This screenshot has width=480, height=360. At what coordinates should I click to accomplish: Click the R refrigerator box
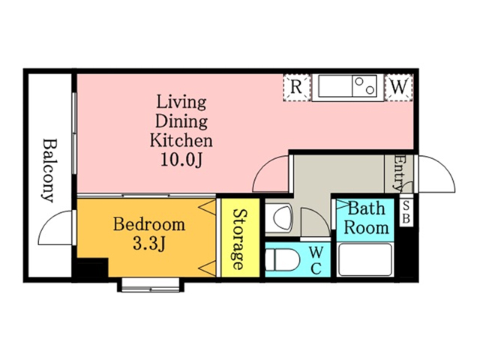tap(296, 88)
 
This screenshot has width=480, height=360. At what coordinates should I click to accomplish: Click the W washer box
tap(399, 88)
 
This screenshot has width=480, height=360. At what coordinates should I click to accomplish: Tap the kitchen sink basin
tap(335, 86)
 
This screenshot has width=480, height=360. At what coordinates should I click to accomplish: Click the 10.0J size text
tap(181, 160)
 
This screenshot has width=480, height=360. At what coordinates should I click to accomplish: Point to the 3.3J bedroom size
tap(149, 243)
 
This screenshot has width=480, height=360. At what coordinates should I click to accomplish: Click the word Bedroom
tap(149, 224)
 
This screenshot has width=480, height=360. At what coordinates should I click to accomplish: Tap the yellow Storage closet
tap(240, 238)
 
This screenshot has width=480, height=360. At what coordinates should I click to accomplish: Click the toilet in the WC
tap(282, 260)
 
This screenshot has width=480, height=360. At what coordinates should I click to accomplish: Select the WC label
tap(315, 260)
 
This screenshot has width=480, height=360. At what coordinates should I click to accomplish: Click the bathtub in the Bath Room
tap(365, 259)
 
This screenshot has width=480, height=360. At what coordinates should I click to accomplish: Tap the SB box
tap(406, 211)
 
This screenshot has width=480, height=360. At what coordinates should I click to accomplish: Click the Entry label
tap(400, 173)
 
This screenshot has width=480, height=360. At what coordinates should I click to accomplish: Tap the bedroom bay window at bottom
tap(150, 285)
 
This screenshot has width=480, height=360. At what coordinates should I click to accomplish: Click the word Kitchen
tap(181, 140)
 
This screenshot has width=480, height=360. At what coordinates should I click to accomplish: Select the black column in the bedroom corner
tap(92, 268)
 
